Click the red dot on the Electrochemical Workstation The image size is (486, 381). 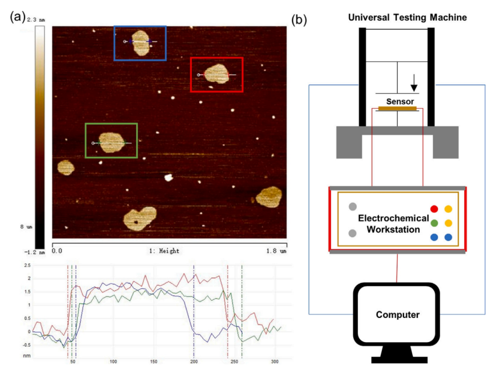(x=434, y=209)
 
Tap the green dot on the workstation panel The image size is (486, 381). (x=434, y=223)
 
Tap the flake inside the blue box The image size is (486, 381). (x=140, y=42)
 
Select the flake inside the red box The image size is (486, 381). (x=216, y=74)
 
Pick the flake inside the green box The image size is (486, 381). (x=110, y=142)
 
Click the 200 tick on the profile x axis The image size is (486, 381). (x=194, y=362)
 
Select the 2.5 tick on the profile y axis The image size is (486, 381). (x=26, y=266)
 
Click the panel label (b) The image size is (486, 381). (x=299, y=19)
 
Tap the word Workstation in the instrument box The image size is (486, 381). (x=393, y=229)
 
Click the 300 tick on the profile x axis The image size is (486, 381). (x=275, y=362)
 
